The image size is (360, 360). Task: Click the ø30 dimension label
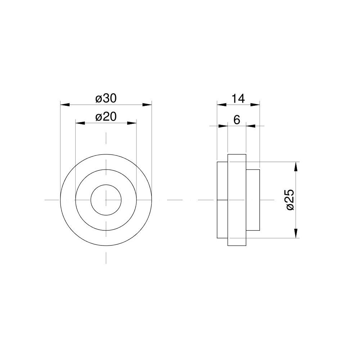pos(106,99)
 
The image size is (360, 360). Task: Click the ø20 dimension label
pos(106,117)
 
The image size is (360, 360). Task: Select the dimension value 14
pos(238,99)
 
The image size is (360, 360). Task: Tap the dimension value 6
pos(237,120)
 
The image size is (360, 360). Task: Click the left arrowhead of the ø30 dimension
pos(65,105)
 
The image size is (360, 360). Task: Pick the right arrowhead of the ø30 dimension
pos(147,105)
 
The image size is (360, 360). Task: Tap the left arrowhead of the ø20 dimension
pos(80,123)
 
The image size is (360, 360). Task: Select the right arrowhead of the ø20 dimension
pos(132,123)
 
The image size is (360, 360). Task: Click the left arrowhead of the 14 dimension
pos(222,105)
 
